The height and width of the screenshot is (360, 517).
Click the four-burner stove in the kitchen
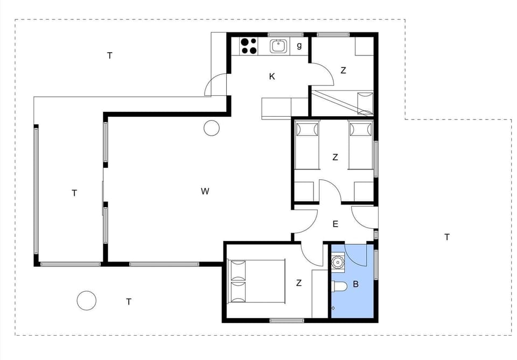[248, 46]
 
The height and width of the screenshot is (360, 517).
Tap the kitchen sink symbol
[279, 46]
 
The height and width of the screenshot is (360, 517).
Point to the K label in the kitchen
[272, 76]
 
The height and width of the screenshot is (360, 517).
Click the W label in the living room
[205, 191]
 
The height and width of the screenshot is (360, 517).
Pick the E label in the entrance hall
[335, 224]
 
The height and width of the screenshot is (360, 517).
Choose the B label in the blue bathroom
[355, 284]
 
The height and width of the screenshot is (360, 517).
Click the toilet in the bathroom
[339, 285]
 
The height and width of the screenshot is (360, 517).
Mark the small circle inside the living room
[211, 128]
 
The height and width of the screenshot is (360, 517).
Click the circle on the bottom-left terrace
[86, 300]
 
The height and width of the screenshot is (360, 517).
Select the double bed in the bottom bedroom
[256, 281]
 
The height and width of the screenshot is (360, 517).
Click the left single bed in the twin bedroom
[307, 145]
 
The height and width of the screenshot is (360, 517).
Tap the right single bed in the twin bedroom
[360, 145]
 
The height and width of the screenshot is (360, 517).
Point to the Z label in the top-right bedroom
[343, 70]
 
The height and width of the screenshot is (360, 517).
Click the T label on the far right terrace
[446, 237]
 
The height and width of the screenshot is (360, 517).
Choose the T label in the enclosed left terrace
[74, 193]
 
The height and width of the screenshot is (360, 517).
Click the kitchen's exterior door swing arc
[214, 85]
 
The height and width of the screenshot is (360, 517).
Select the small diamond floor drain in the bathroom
[334, 308]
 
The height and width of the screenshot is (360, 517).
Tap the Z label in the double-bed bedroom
[299, 283]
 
